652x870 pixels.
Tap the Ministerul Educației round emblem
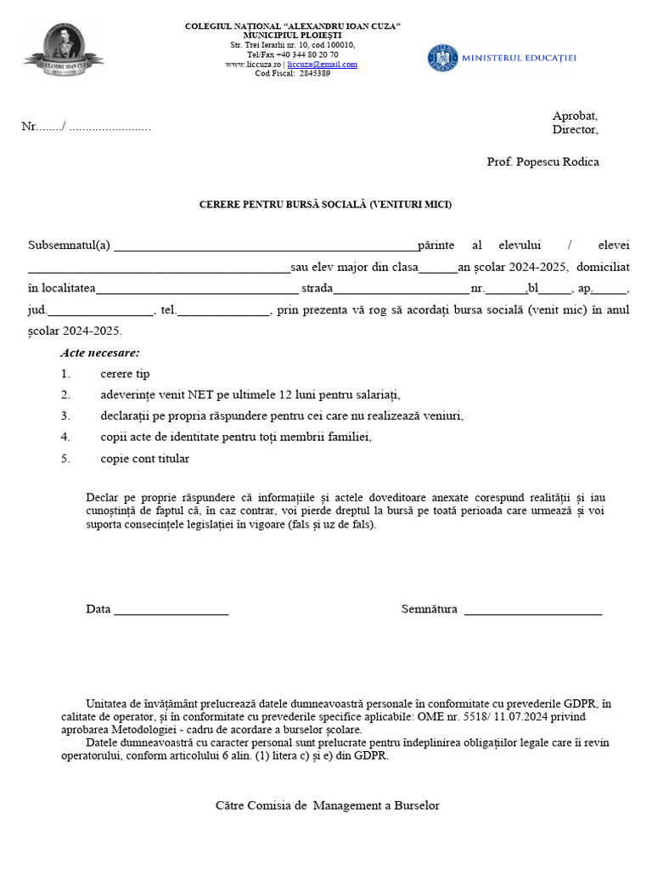[x=442, y=58]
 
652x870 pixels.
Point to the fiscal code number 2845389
[x=314, y=74]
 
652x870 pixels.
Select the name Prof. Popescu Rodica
[x=542, y=162]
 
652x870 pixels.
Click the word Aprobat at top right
[x=575, y=116]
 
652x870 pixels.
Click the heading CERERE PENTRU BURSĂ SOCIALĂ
[x=326, y=205]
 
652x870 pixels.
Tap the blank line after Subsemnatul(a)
[x=265, y=246]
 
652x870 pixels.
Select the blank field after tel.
[x=223, y=310]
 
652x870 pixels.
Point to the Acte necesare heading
[x=100, y=353]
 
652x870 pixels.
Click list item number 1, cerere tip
[x=125, y=374]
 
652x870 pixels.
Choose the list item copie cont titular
[x=144, y=459]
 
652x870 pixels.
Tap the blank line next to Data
[x=171, y=610]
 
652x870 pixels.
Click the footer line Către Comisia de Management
[x=327, y=805]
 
